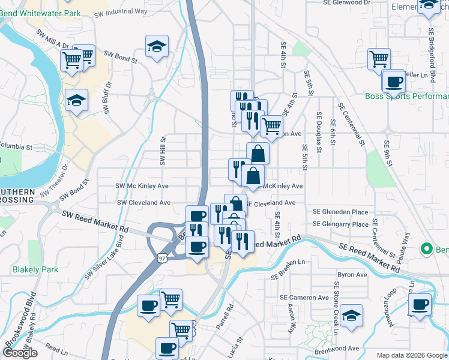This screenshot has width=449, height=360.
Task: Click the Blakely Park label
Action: click(x=35, y=270)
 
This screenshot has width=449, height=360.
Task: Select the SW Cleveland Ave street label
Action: click(x=143, y=203)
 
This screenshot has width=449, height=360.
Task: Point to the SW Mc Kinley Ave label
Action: click(x=142, y=186)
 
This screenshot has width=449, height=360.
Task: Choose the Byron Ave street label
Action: click(x=352, y=275)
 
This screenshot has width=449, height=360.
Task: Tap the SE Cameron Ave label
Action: click(x=304, y=298)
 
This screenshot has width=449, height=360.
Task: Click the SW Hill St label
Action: click(x=162, y=151)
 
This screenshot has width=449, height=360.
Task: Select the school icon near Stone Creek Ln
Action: click(x=351, y=314)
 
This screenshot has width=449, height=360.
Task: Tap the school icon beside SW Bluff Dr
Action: click(x=76, y=100)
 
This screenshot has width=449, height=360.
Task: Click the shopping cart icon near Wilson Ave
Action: click(x=271, y=125)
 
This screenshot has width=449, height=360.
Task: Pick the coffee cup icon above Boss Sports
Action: click(x=394, y=80)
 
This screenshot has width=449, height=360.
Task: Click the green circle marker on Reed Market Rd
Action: click(x=427, y=248)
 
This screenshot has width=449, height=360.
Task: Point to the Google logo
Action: click(x=20, y=353)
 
